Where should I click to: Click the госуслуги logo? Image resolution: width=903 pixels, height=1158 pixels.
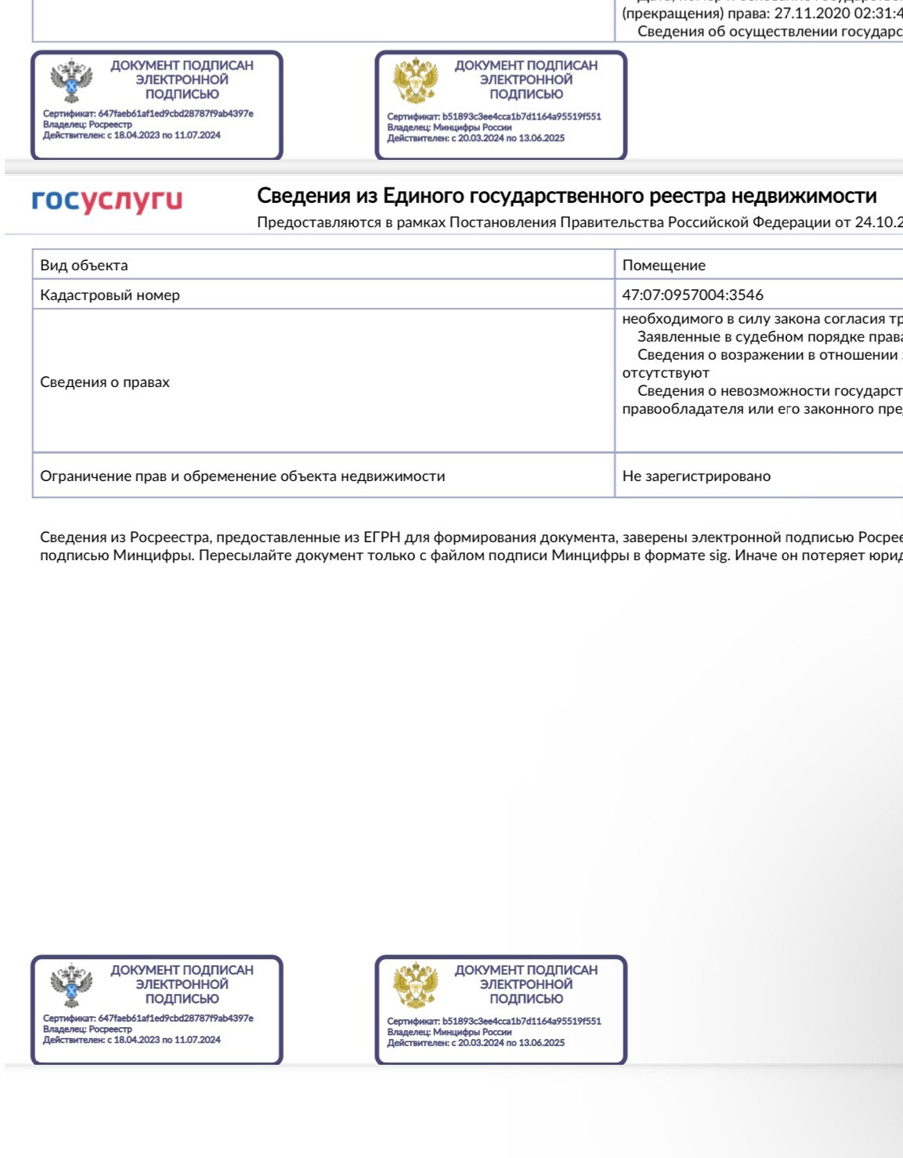click(x=107, y=201)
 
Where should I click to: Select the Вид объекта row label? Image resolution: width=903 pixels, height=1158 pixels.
click(x=84, y=265)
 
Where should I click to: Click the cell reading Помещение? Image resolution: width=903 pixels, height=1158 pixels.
click(x=663, y=265)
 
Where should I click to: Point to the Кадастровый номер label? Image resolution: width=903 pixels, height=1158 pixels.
click(x=110, y=295)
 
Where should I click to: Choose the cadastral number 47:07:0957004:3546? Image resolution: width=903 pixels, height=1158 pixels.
click(x=692, y=295)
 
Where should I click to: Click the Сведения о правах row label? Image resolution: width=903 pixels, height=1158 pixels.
click(x=105, y=382)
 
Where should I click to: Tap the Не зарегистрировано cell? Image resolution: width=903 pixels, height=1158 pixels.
click(x=696, y=476)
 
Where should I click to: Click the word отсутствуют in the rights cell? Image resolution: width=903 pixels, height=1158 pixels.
click(x=666, y=373)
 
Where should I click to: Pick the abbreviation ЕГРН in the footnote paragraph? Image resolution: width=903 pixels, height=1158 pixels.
click(x=382, y=537)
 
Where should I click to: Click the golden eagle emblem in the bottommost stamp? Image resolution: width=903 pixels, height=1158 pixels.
click(x=415, y=985)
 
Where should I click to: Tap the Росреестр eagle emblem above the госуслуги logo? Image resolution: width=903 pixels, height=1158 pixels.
click(x=71, y=81)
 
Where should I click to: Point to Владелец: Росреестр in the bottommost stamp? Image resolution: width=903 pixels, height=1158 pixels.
click(x=88, y=1029)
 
